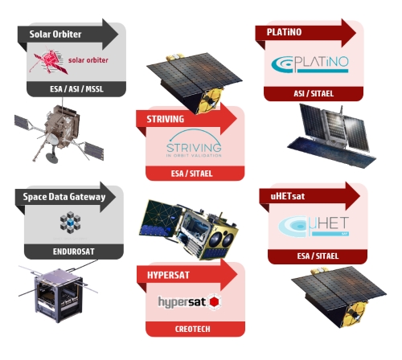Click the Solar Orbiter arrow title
tap(55, 34)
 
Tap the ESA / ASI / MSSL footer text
tap(76, 89)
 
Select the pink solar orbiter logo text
tap(88, 60)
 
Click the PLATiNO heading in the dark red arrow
tap(284, 32)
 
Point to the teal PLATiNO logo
tap(310, 64)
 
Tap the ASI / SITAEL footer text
tap(314, 93)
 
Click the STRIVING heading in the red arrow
tap(166, 119)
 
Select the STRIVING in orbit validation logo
tap(194, 144)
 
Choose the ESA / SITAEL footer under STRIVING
tap(192, 174)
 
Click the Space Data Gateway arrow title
tap(64, 197)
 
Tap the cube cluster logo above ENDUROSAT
tap(70, 223)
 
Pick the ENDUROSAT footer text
tap(74, 252)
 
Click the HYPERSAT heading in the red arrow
tap(168, 275)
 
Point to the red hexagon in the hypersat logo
tap(215, 302)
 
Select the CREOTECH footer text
tap(193, 329)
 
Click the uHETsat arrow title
tap(288, 196)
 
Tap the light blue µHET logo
tap(314, 227)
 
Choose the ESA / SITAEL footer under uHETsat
tap(318, 256)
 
